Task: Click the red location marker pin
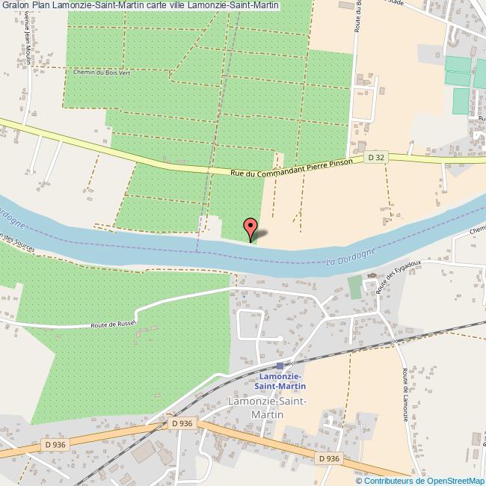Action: [251, 226]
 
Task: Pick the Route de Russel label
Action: [112, 324]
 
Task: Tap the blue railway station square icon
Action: [280, 366]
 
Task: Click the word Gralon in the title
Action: [16, 5]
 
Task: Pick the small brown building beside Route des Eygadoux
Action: [372, 276]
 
